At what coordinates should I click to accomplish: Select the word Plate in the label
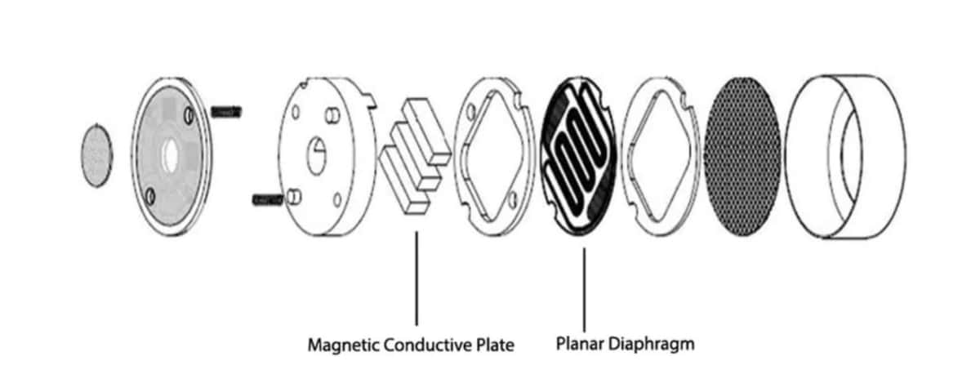point(495,345)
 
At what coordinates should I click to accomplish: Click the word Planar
point(578,343)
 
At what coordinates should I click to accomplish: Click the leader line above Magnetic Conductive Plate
point(416,278)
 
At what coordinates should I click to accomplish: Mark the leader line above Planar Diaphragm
point(584,286)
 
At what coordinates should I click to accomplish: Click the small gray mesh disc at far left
point(96,154)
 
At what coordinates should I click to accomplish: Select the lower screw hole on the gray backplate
point(149,196)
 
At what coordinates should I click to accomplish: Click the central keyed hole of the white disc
point(317,151)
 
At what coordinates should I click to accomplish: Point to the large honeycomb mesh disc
point(741,155)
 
